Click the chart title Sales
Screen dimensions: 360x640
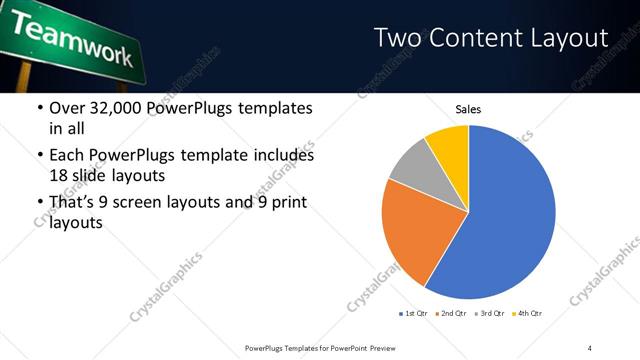point(469,109)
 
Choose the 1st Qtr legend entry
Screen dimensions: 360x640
point(414,314)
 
